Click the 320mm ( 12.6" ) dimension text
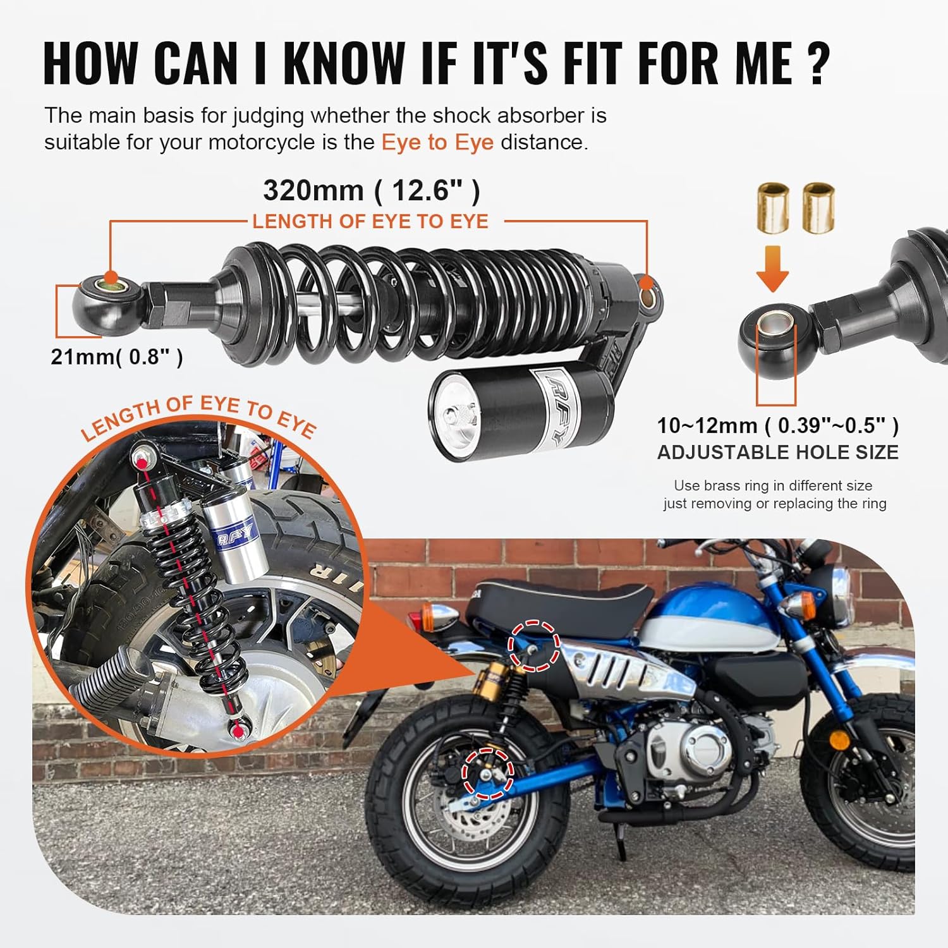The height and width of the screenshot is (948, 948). [x=372, y=190]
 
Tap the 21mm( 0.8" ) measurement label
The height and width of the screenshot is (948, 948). [x=117, y=357]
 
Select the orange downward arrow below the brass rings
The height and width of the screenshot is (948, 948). [x=772, y=269]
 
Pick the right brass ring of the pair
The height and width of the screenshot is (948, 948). [x=818, y=207]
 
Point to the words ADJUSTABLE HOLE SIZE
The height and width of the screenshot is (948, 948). [x=777, y=453]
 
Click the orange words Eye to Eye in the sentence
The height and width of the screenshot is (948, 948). [x=437, y=142]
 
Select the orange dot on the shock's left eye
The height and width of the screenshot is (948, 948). [x=112, y=277]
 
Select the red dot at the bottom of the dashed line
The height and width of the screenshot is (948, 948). [x=238, y=731]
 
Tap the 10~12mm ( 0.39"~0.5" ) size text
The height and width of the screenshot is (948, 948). [x=777, y=425]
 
